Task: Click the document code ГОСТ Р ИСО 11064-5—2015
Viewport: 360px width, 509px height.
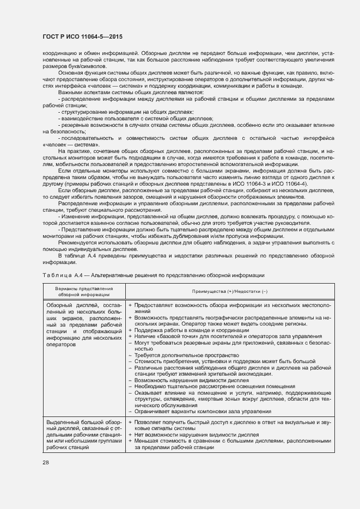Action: click(x=82, y=36)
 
